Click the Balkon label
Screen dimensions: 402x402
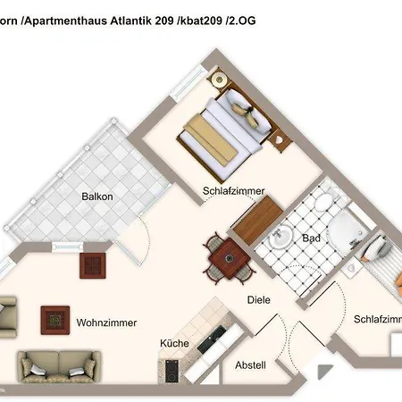(x=96, y=197)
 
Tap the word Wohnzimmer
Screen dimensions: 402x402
(x=105, y=321)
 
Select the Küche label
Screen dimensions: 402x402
(x=173, y=343)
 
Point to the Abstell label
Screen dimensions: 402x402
(x=250, y=364)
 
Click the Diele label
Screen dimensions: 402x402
(x=258, y=300)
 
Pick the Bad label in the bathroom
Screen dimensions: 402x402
(x=311, y=239)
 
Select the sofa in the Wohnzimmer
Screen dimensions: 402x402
(x=57, y=365)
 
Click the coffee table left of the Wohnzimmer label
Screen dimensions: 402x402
(x=55, y=317)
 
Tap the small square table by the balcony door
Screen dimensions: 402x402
(x=94, y=264)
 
